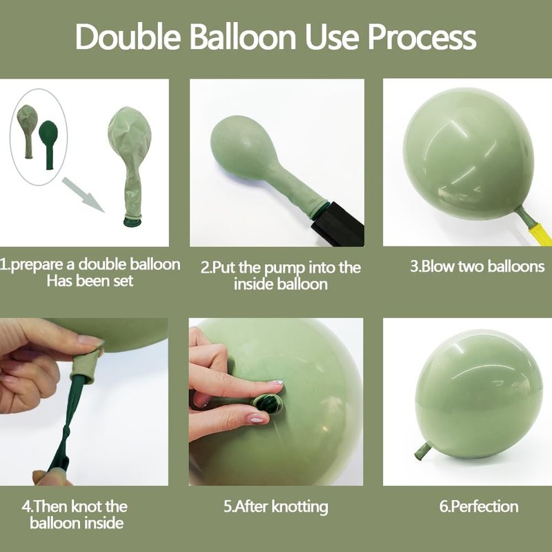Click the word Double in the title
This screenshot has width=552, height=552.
pyautogui.click(x=128, y=37)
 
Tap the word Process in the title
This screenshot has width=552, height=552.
pyautogui.click(x=422, y=37)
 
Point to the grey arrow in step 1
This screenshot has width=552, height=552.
pyautogui.click(x=83, y=195)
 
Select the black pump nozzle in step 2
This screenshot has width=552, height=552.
pyautogui.click(x=337, y=223)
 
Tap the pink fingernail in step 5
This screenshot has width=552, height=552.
pyautogui.click(x=256, y=419)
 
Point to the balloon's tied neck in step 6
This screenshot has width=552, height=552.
pyautogui.click(x=422, y=451)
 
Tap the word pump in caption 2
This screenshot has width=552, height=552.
pyautogui.click(x=284, y=268)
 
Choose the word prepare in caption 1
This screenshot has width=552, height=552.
pyautogui.click(x=42, y=265)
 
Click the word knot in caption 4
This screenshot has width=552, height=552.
pyautogui.click(x=87, y=506)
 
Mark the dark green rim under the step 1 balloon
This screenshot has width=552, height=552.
pyautogui.click(x=132, y=221)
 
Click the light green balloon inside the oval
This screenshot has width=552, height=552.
pyautogui.click(x=28, y=131)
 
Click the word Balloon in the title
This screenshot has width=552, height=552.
pyautogui.click(x=243, y=37)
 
